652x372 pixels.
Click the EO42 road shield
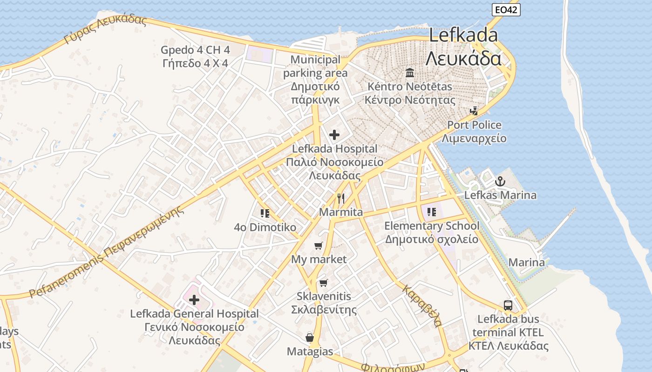click(506, 10)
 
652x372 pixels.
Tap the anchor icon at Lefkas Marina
click(500, 181)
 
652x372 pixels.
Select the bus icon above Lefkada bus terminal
click(508, 306)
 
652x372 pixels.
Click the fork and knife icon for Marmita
click(341, 199)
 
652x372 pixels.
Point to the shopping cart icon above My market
click(319, 246)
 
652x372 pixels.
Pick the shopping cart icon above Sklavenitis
click(324, 283)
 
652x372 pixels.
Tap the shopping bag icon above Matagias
click(310, 338)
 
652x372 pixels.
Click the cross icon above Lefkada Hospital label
click(334, 135)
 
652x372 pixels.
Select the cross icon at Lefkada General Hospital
click(194, 300)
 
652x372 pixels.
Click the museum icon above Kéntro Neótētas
click(410, 73)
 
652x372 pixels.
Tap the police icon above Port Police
click(474, 111)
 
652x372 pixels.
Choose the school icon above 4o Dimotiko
click(265, 213)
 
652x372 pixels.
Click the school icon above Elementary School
click(432, 212)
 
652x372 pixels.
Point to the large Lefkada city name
click(463, 46)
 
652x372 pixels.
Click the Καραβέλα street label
click(422, 306)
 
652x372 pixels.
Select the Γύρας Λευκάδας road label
click(105, 29)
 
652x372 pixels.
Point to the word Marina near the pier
click(526, 262)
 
